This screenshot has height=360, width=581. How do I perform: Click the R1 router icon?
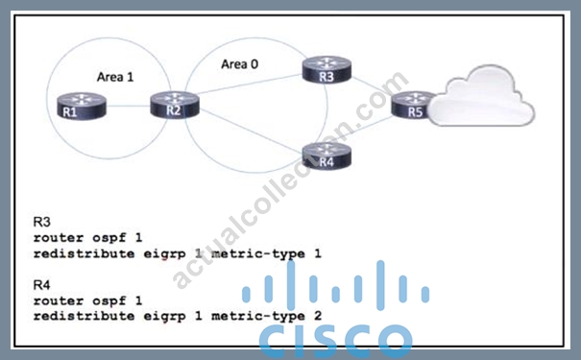pos(82,106)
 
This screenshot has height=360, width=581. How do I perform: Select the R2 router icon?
pos(175,106)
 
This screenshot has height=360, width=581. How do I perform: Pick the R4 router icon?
pos(327,156)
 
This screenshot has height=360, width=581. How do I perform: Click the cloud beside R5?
pos(482,96)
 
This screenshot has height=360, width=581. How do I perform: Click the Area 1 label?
pos(115,77)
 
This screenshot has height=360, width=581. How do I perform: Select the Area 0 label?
pos(239,64)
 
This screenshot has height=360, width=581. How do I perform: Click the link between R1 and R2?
pos(129,106)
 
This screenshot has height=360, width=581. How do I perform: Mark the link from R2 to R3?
pos(250,84)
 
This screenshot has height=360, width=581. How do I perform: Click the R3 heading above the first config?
pos(41,222)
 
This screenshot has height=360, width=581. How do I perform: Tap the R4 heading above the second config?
pos(41,285)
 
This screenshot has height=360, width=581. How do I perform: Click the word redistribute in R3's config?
pos(84,253)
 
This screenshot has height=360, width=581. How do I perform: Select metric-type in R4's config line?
pos(258,316)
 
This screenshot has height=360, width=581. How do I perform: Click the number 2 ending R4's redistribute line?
pos(318,316)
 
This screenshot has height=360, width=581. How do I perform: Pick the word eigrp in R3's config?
pos(164,254)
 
